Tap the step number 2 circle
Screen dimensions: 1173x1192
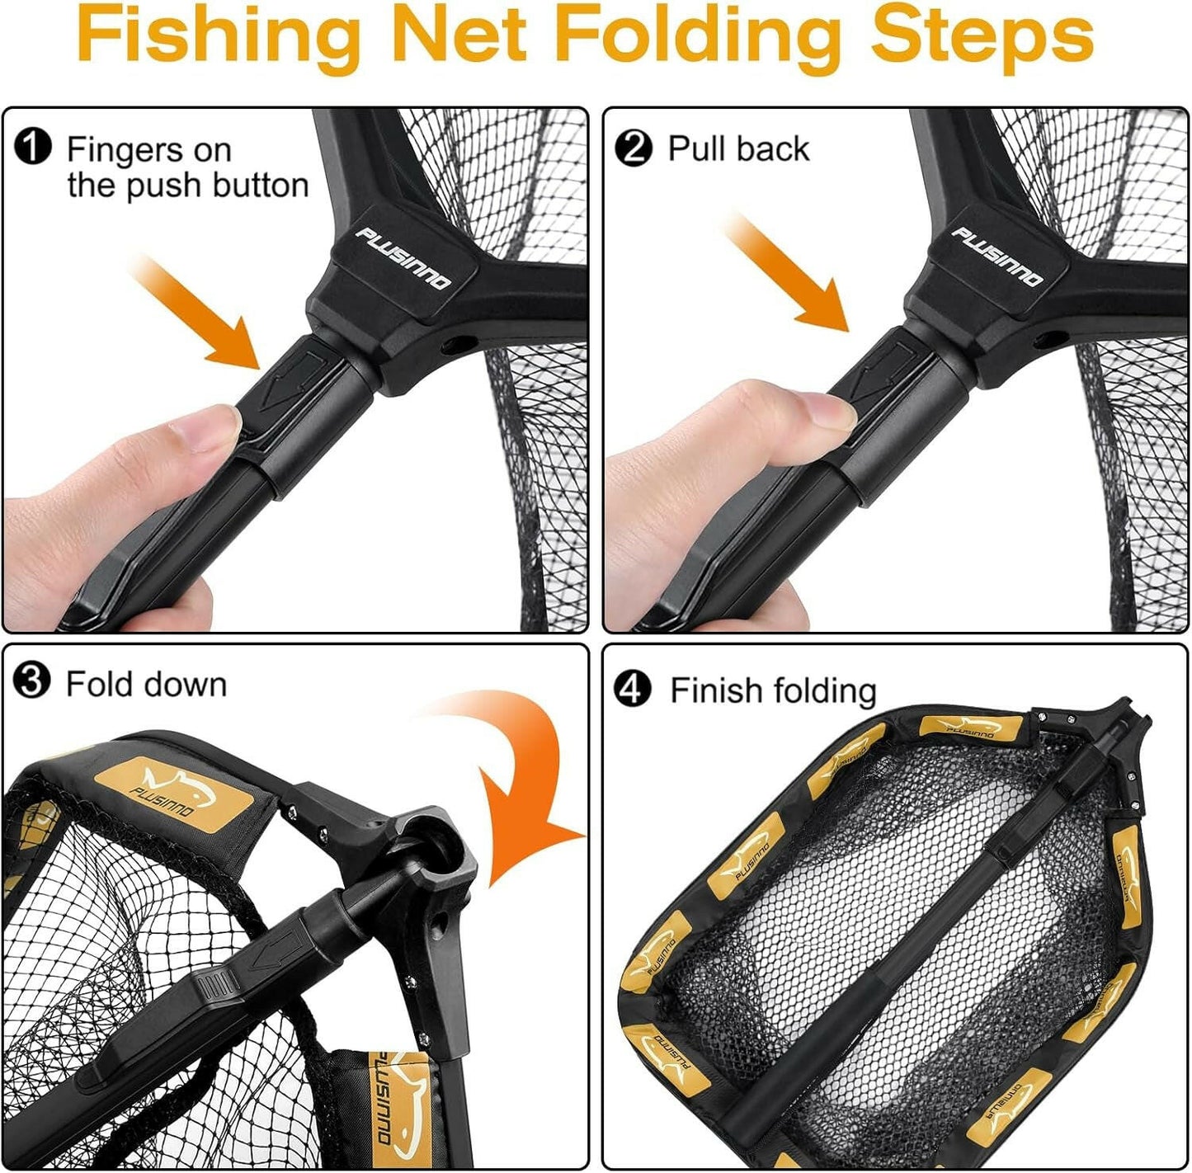point(634,149)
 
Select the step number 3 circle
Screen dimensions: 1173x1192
point(33,683)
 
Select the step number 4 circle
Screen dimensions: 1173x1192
point(634,690)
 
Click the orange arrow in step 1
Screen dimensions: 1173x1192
point(198,313)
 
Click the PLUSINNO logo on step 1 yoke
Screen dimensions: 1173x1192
point(404,259)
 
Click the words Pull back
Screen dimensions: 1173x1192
point(738,149)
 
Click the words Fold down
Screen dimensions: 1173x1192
point(146,685)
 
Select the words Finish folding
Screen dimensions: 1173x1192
point(772,690)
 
